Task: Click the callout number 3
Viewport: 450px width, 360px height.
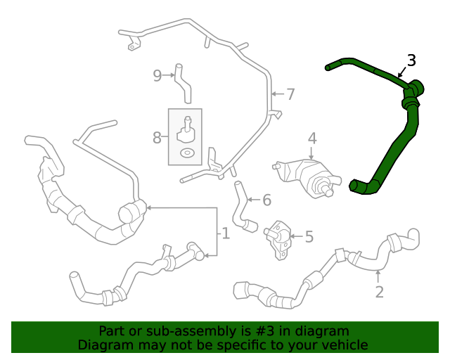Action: tap(411, 60)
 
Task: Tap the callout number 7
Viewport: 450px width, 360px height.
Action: tap(290, 94)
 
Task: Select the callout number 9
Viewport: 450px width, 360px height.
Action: tap(157, 75)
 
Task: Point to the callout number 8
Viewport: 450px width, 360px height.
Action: tap(157, 138)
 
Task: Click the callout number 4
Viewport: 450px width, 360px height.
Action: tap(312, 139)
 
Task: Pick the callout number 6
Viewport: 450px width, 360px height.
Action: tap(266, 200)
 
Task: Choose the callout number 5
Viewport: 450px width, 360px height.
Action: tap(308, 238)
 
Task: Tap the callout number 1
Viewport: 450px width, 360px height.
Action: tap(225, 233)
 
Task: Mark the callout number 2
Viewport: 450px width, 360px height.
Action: tap(379, 292)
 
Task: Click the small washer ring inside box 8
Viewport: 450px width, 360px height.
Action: tap(186, 153)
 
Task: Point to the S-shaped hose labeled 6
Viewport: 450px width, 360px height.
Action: tap(243, 206)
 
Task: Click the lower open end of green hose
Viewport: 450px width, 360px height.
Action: tap(356, 186)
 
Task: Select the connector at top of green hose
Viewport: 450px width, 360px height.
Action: tap(414, 88)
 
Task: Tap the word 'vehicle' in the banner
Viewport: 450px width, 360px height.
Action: tap(345, 345)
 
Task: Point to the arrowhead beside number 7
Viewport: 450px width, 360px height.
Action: tap(274, 93)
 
